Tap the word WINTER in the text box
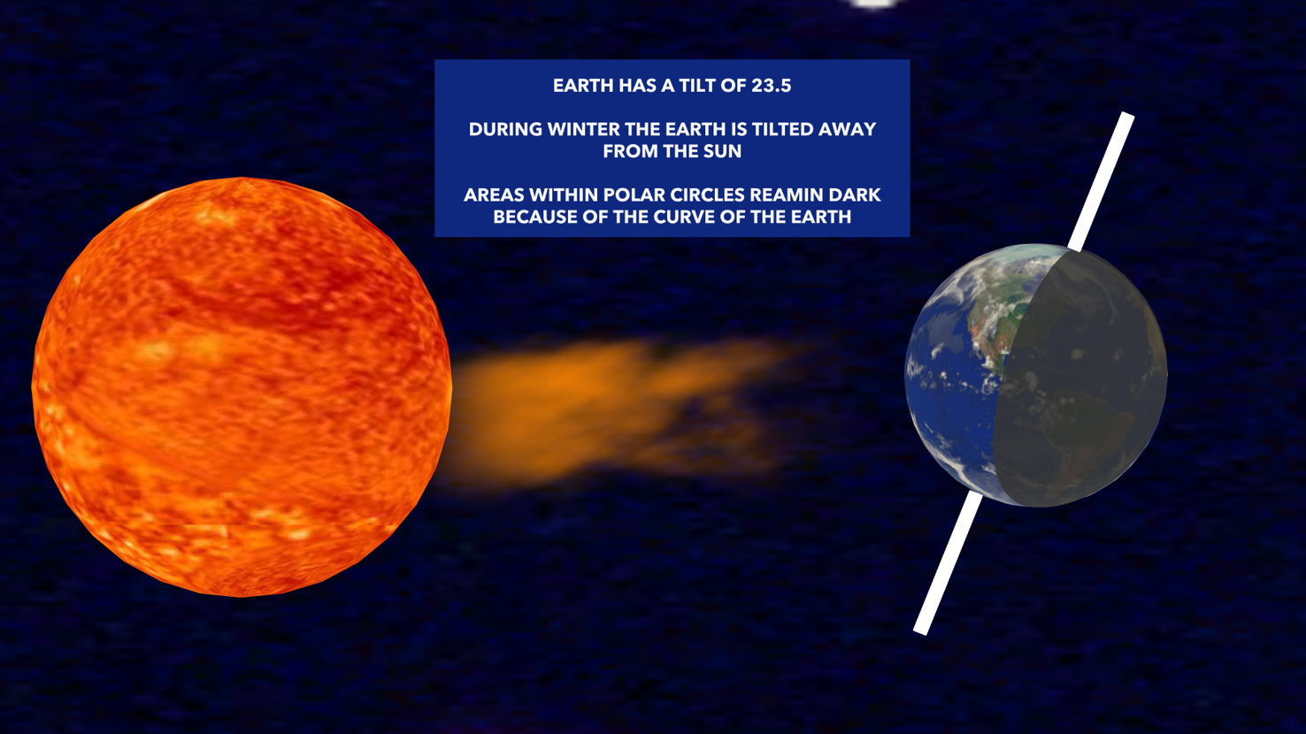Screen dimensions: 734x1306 pyautogui.click(x=583, y=129)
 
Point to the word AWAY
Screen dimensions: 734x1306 pyautogui.click(x=847, y=129)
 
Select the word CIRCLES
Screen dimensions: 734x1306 pyautogui.click(x=709, y=195)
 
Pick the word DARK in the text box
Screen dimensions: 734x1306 pyautogui.click(x=855, y=195)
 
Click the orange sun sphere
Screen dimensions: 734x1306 pyautogui.click(x=241, y=387)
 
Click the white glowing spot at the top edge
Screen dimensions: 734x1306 pyautogui.click(x=874, y=4)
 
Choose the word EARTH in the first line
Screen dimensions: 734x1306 pyautogui.click(x=583, y=86)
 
